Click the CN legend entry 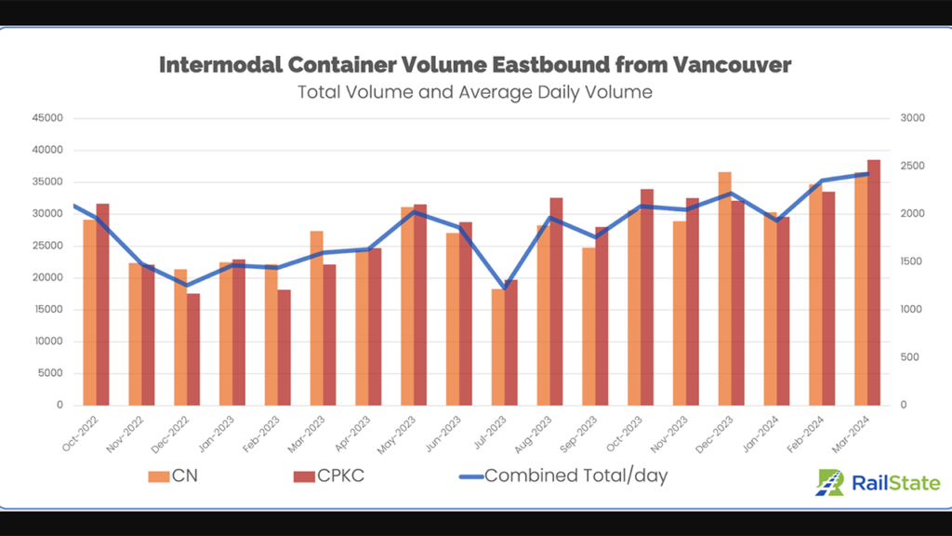(173, 476)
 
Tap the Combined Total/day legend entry (563, 476)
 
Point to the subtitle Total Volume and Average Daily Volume (475, 92)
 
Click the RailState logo (878, 482)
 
